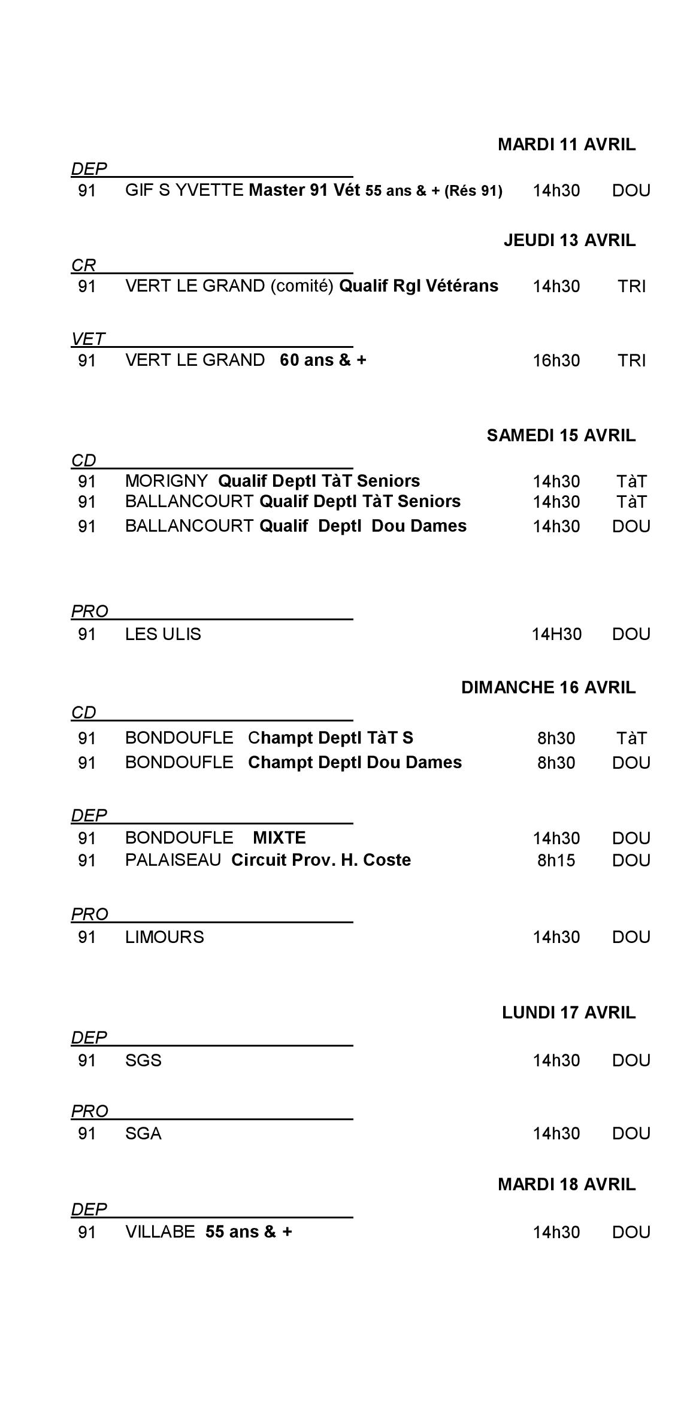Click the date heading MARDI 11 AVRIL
click(x=566, y=145)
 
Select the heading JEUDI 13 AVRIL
click(x=569, y=241)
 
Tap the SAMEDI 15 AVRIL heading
click(x=561, y=436)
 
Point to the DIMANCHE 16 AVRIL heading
click(x=548, y=688)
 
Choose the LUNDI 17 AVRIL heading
click(x=568, y=1013)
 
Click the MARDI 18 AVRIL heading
click(x=566, y=1185)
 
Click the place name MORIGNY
click(x=166, y=481)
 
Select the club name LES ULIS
click(x=163, y=635)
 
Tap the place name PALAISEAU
click(x=173, y=860)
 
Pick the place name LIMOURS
click(x=164, y=938)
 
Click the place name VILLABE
click(x=160, y=1232)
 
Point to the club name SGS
click(x=143, y=1061)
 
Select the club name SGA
click(x=143, y=1134)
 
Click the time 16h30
click(x=556, y=361)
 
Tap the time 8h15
click(x=556, y=861)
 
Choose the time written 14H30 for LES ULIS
click(x=556, y=635)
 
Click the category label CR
click(x=83, y=265)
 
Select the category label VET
click(x=87, y=339)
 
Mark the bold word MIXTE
click(x=279, y=838)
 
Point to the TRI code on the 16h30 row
click(x=631, y=361)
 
